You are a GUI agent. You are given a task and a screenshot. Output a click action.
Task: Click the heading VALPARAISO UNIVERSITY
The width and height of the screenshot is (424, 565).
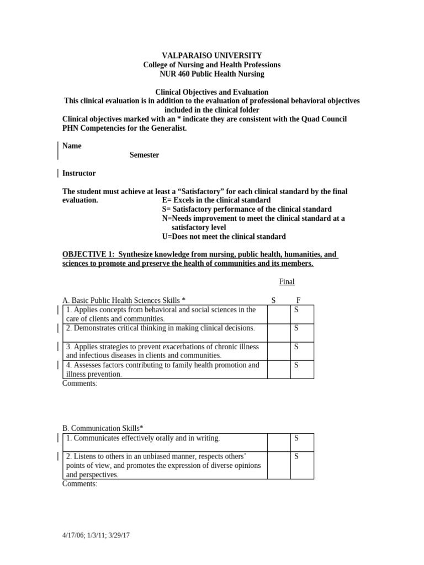coord(211,55)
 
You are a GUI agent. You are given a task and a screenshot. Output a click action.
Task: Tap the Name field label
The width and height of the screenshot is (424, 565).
coord(72,146)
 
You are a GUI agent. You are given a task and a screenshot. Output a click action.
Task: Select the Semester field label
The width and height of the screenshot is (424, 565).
coord(144,155)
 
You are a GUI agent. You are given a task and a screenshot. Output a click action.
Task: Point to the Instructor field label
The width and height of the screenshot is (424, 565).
coord(79,173)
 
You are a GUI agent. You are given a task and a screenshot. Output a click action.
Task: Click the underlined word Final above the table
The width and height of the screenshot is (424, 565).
coord(287,281)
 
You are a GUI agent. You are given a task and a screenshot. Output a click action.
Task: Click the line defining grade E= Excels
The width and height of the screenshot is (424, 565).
coord(216,200)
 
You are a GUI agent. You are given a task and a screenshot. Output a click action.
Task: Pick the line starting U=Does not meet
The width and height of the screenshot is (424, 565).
coord(224,237)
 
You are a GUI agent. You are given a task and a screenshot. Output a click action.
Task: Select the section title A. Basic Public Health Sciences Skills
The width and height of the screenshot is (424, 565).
coord(124,300)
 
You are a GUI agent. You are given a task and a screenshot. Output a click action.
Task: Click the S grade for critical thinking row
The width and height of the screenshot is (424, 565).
coord(296,328)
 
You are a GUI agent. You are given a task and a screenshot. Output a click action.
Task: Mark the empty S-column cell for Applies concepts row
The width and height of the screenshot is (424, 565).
coord(279,314)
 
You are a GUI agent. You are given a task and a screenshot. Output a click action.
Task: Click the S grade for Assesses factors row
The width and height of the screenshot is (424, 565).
coord(296,365)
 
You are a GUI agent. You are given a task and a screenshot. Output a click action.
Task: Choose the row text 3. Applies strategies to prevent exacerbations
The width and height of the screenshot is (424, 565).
coord(162,347)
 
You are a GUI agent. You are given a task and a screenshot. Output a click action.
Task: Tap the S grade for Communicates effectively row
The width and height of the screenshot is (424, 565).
coord(296,438)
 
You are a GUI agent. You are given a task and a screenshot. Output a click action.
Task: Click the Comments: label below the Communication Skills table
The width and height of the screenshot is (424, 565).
coord(79,484)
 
